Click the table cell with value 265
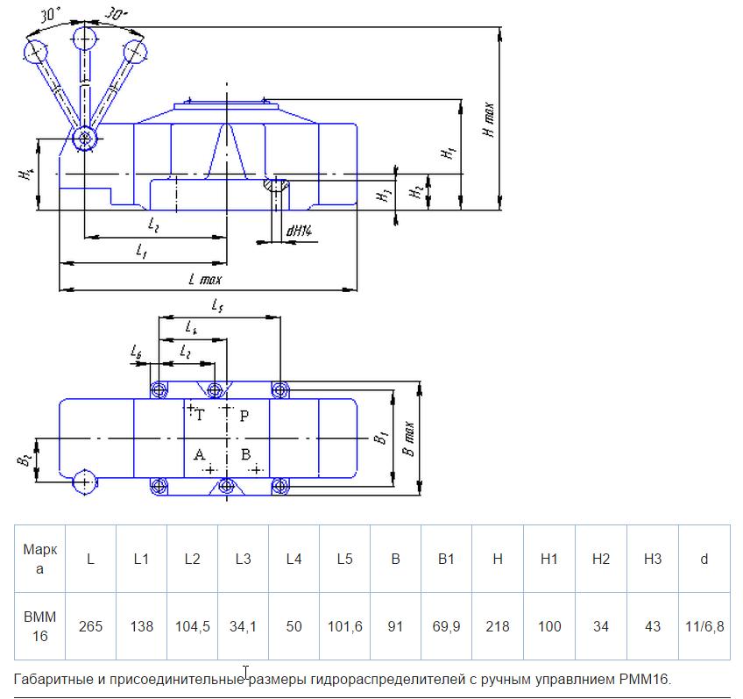pos(90,626)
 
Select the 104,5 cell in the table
pos(193,626)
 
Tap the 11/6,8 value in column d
pos(704,626)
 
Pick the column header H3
pos(653,559)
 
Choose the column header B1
pos(446,559)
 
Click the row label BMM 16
pos(39,626)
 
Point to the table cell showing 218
pos(498,626)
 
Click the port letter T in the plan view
pos(200,416)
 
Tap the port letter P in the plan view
pos(244,416)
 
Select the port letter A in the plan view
pos(199,454)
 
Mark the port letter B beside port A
pos(245,454)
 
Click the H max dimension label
pos(489,120)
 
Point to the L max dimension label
pos(205,279)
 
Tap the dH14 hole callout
pos(299,231)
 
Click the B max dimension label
pos(408,439)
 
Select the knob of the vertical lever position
pos(85,39)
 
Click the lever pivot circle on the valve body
pos(84,139)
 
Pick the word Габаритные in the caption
pos(53,679)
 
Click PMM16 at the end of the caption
pos(645,679)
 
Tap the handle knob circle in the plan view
pos(84,482)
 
